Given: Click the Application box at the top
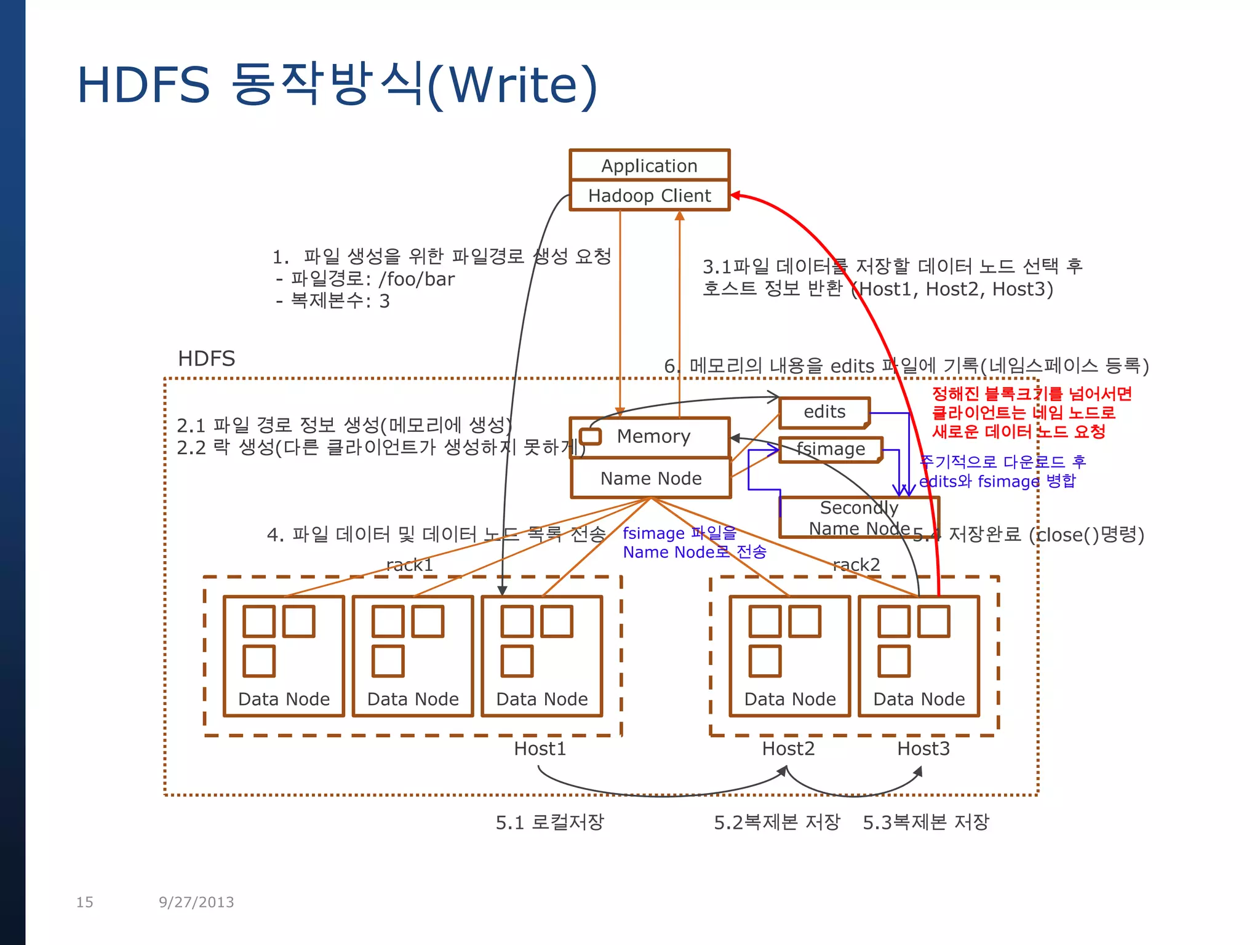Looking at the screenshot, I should click(x=649, y=165).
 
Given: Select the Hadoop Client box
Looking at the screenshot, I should click(x=649, y=196).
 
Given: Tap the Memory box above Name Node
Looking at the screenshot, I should click(x=653, y=436).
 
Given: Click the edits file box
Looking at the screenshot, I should click(x=824, y=412).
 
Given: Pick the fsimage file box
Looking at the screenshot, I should click(x=830, y=449).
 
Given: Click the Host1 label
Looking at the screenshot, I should click(x=540, y=749).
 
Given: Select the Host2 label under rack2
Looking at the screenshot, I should click(x=788, y=749).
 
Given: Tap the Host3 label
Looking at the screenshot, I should click(x=923, y=749).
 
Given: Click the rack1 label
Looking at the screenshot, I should click(x=410, y=565).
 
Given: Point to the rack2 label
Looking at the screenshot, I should click(x=856, y=565).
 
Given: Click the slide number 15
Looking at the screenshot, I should click(x=84, y=902).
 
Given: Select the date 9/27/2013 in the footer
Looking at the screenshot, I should click(x=196, y=902).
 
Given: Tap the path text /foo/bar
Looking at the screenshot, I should click(x=417, y=279).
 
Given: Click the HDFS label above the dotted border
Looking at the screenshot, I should click(x=206, y=359).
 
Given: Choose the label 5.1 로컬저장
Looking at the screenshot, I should click(x=549, y=823).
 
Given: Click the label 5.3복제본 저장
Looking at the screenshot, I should click(x=925, y=823).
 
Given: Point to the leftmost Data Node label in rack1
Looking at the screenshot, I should click(x=284, y=700).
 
